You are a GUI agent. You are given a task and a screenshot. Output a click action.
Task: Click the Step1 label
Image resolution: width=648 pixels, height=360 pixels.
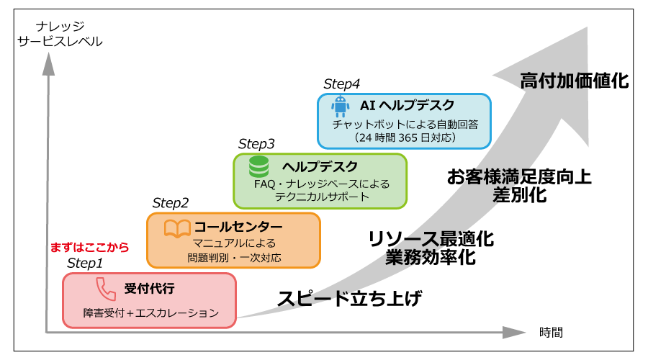tap(85, 263)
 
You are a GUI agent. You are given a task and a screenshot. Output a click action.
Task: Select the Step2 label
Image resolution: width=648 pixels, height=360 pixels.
tap(171, 203)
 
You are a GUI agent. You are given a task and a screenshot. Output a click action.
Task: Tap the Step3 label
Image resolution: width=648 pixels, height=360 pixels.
tap(256, 143)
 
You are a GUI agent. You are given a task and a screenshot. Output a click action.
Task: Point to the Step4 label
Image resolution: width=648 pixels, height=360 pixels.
tap(341, 84)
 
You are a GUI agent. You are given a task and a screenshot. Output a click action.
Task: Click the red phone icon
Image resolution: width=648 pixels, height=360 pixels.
tap(106, 289)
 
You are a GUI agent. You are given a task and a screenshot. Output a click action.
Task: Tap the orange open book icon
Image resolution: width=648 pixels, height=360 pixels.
tap(177, 228)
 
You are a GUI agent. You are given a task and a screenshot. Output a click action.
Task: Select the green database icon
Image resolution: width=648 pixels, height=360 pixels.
tap(258, 167)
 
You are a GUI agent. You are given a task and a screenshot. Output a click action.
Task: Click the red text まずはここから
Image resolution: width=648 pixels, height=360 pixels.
tap(89, 247)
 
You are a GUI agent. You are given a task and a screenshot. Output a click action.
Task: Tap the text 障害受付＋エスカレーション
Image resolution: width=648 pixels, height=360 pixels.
tap(150, 313)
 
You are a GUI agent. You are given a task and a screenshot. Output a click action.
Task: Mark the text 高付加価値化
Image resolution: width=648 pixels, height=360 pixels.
tap(575, 81)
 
